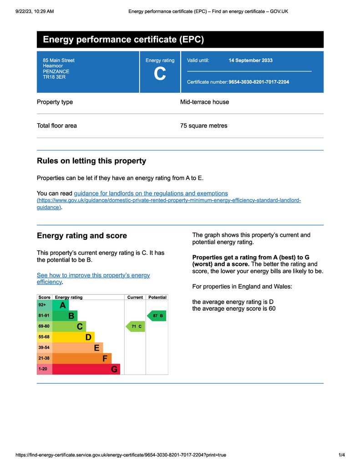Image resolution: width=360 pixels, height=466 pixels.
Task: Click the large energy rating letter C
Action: (160, 74)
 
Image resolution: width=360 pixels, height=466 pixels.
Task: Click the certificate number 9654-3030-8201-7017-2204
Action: (259, 82)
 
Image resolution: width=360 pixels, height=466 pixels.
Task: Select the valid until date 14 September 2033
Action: (250, 60)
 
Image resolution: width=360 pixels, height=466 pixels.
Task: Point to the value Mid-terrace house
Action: (204, 102)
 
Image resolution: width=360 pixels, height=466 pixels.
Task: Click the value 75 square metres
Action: (203, 126)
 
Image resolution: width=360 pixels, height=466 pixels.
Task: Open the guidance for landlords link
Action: (151, 193)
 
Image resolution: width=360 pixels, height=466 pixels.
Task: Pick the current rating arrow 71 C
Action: (135, 326)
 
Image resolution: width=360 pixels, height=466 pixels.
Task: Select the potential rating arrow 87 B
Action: (157, 315)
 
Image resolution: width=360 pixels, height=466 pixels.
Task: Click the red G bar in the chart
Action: (86, 369)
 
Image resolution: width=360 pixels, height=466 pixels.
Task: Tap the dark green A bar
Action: (61, 305)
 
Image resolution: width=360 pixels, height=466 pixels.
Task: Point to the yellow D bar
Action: (74, 337)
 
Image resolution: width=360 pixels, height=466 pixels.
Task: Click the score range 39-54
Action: (44, 348)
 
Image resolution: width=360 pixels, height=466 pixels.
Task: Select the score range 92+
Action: (42, 305)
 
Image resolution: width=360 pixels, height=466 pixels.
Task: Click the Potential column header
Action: (157, 297)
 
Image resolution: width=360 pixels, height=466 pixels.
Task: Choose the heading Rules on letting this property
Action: (91, 161)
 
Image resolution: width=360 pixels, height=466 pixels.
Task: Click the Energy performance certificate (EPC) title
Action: (123, 40)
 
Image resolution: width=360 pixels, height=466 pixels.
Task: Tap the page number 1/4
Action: (341, 455)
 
